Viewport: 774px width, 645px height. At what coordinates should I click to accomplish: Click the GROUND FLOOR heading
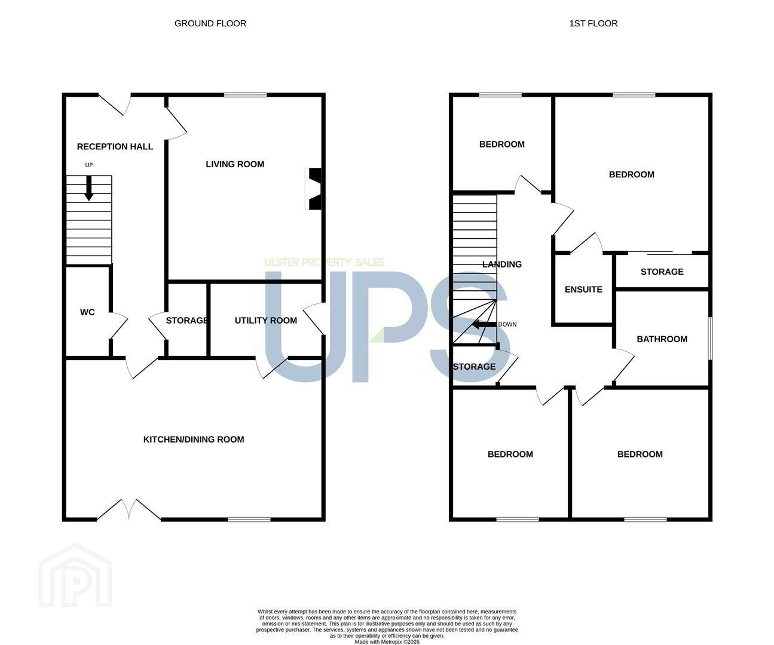[x=210, y=23]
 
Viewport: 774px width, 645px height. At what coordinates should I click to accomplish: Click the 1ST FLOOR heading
[x=593, y=23]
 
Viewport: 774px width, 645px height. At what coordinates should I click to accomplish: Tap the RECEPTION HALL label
[x=115, y=147]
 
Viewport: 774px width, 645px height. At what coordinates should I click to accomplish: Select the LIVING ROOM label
[x=235, y=164]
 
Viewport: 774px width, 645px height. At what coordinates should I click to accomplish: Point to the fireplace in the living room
[x=314, y=189]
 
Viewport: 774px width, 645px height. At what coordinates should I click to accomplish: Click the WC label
[x=87, y=312]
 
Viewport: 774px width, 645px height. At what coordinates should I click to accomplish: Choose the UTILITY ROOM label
[x=266, y=321]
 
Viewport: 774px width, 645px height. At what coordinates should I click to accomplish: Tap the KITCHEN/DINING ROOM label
[x=194, y=440]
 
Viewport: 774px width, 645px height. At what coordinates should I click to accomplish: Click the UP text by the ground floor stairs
[x=89, y=165]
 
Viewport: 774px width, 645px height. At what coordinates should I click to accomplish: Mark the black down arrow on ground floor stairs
[x=89, y=188]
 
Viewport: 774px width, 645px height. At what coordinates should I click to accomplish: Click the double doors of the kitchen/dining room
[x=129, y=509]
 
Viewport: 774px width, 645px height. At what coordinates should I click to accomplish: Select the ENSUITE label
[x=583, y=289]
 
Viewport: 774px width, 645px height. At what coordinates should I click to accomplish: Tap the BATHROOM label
[x=662, y=339]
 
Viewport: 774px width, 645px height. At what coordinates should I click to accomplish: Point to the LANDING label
[x=502, y=264]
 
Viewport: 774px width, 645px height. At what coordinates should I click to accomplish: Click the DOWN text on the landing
[x=507, y=324]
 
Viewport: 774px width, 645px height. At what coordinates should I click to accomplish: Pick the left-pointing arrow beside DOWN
[x=484, y=325]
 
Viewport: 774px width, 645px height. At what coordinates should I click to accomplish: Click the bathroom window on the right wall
[x=710, y=338]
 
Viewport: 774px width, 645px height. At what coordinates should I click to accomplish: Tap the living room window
[x=246, y=95]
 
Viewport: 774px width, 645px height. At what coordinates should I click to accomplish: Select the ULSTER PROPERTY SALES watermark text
[x=325, y=262]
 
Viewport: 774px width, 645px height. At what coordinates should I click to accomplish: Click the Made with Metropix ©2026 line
[x=387, y=641]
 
